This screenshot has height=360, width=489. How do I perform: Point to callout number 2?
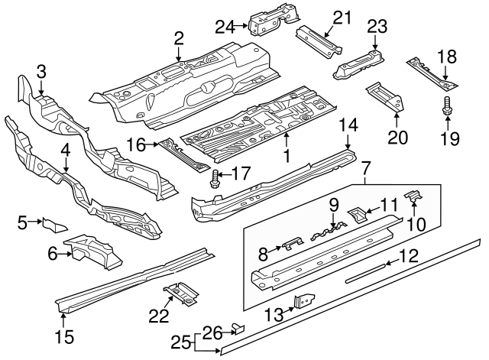point(178,37)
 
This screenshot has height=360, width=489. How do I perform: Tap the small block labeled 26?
point(238,329)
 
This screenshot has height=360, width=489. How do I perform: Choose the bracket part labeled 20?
point(384,96)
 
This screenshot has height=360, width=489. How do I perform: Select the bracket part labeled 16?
point(182,154)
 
